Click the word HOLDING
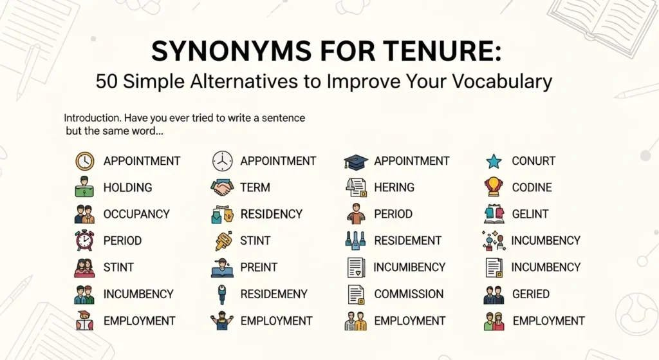click(127, 187)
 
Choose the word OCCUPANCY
click(136, 214)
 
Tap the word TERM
click(255, 187)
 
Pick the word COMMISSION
click(409, 294)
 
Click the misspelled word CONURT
click(534, 161)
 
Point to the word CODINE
click(532, 187)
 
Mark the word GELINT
click(530, 214)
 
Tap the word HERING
click(394, 187)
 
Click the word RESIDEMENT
click(407, 240)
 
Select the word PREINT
click(259, 267)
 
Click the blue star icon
click(493, 161)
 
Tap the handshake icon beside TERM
click(222, 187)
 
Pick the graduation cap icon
click(355, 161)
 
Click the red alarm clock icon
click(84, 240)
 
